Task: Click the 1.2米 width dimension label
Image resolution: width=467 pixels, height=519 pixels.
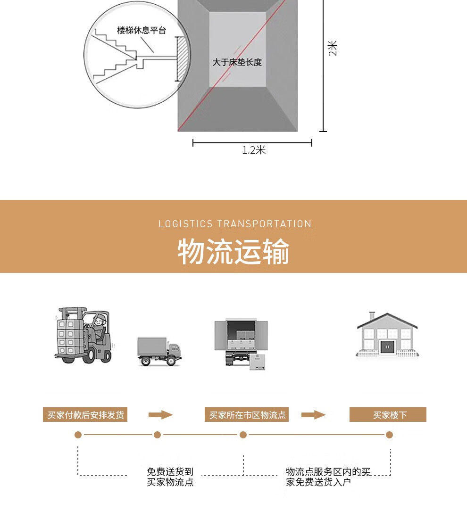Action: point(254,150)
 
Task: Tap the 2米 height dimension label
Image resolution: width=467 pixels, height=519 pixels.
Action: point(333,48)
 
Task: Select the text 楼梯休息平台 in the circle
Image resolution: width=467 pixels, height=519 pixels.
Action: point(142,31)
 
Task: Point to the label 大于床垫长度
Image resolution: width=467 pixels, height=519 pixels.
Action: point(237,62)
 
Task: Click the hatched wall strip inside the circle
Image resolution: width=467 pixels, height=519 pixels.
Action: point(181,59)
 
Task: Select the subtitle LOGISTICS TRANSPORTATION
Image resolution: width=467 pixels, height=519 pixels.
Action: point(235,224)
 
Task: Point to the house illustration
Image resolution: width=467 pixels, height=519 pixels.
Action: point(387,334)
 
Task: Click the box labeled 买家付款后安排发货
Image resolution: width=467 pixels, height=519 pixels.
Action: point(85,415)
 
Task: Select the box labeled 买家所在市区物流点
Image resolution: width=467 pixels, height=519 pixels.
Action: point(247,415)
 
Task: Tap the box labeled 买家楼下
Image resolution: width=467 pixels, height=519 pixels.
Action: point(388,415)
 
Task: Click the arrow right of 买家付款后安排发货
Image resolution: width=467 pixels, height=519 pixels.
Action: point(160,415)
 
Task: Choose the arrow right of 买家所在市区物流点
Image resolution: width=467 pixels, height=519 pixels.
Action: point(313,415)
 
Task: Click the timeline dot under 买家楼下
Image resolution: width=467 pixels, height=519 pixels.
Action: point(389,435)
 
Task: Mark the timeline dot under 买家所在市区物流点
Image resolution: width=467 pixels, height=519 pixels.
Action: point(243,435)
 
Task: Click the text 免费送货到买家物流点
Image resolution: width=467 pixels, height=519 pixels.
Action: point(170,477)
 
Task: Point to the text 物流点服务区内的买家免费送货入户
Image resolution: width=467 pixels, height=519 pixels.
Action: point(328,477)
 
